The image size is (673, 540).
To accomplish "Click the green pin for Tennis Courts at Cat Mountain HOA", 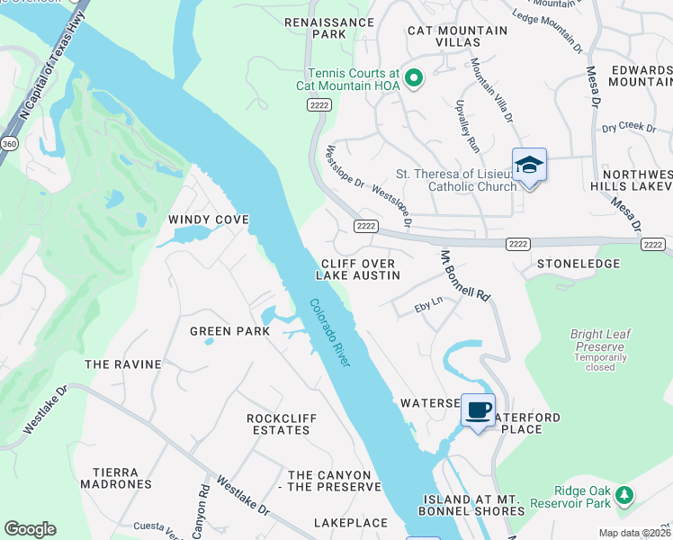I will pos(414,79).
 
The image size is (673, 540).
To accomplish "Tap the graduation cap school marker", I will pos(529,166).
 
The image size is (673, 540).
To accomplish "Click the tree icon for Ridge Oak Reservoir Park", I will pos(624,495).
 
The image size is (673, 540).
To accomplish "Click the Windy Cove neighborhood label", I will pos(208,220).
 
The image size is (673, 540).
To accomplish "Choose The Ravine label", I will pos(122,364).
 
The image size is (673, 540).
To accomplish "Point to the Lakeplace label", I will pos(350,523).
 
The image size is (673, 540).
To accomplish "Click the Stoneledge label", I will pos(578,264).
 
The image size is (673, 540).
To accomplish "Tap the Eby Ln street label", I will pos(428,308).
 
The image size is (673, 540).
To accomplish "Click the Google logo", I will pos(30,529).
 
